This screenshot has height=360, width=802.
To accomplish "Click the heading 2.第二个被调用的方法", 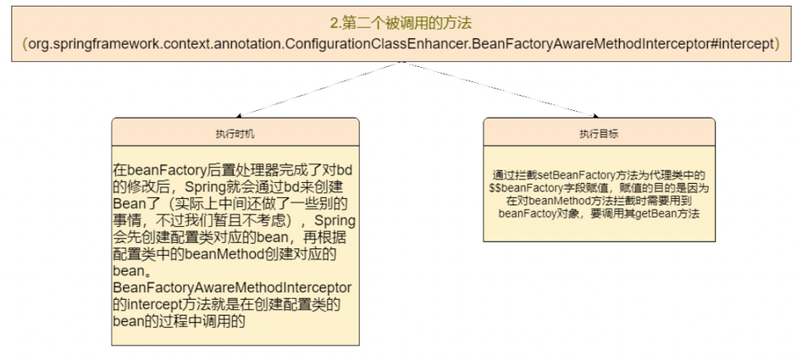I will point(401,23).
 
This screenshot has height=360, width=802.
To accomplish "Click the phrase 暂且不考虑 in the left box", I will point(245,221).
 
